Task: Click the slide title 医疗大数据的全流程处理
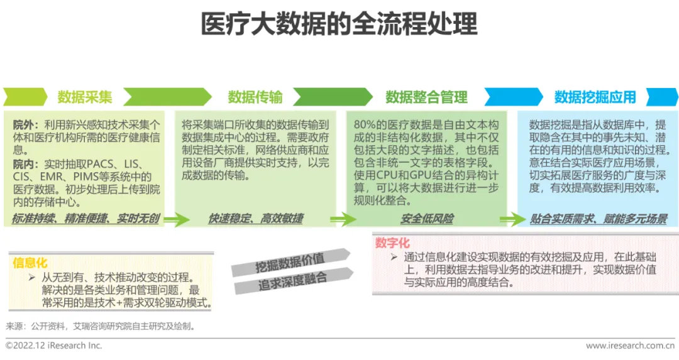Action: click(x=339, y=25)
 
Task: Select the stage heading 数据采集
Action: click(x=85, y=97)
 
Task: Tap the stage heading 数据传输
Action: click(x=255, y=97)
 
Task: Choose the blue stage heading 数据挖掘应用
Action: click(x=595, y=97)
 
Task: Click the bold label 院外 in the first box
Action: click(x=25, y=125)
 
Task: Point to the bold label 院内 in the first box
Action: click(x=25, y=164)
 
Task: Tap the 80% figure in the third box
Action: click(x=365, y=125)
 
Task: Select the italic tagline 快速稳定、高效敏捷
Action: click(x=255, y=219)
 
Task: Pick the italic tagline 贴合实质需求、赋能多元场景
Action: click(x=598, y=219)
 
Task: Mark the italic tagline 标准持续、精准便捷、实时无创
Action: click(x=86, y=219)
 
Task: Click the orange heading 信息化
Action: click(x=30, y=263)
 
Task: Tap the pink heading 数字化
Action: click(x=392, y=243)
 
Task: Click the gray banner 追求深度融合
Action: click(x=292, y=281)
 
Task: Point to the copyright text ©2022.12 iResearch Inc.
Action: click(x=53, y=346)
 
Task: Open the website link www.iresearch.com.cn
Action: click(x=631, y=346)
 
